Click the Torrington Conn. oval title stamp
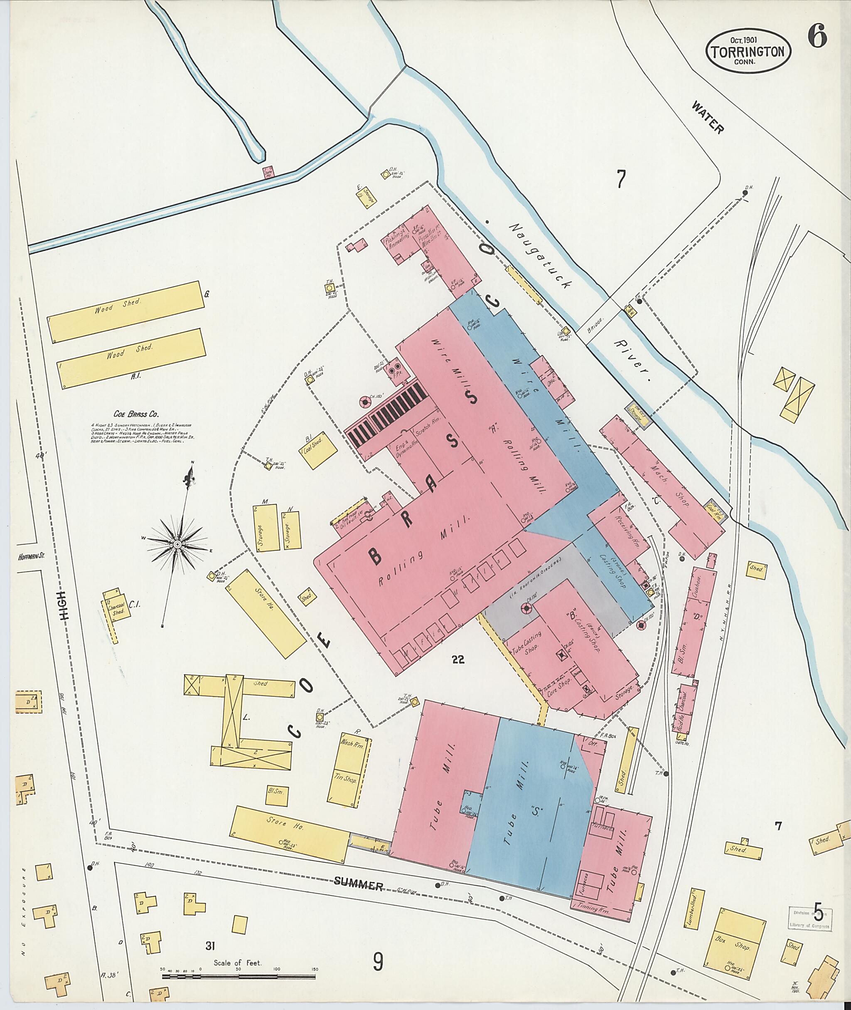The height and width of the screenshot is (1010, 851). coord(748,51)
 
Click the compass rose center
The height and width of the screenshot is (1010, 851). coord(177,545)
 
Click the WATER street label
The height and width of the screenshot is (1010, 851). coord(707,118)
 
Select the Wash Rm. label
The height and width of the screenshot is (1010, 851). coord(351,743)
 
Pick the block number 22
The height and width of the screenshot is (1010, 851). coord(458,659)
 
